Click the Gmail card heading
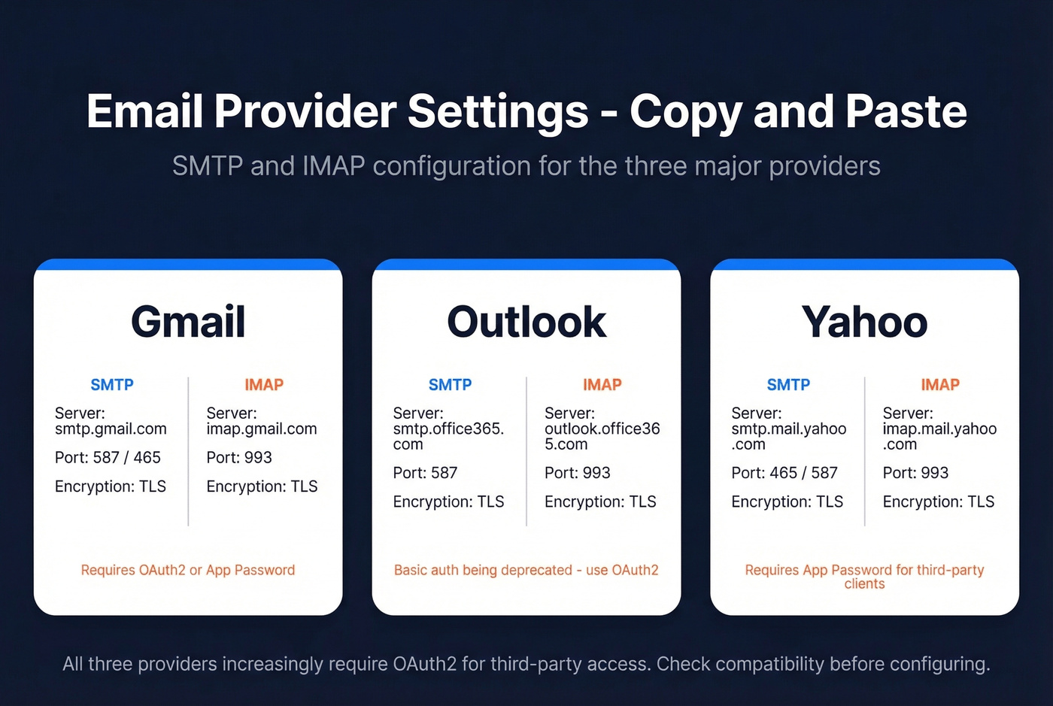coord(188,322)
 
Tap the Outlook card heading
coord(526,322)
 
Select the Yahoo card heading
coord(864,322)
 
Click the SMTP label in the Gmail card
coord(112,385)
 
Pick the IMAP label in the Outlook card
coord(602,385)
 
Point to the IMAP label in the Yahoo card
coord(940,385)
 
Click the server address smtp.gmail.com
coord(111,429)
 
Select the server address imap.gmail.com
coord(262,429)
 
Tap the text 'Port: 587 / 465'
coord(108,457)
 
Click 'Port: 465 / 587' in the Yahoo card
coord(784,473)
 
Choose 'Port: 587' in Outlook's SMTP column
coord(425,473)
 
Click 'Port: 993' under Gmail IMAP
coord(239,457)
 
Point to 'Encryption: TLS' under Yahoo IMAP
coord(938,501)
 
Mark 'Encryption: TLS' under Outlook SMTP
coord(448,501)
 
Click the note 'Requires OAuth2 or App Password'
coord(188,570)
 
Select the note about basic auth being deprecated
coord(526,570)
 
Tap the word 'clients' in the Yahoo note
coord(864,584)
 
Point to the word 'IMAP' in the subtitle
coord(333,166)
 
